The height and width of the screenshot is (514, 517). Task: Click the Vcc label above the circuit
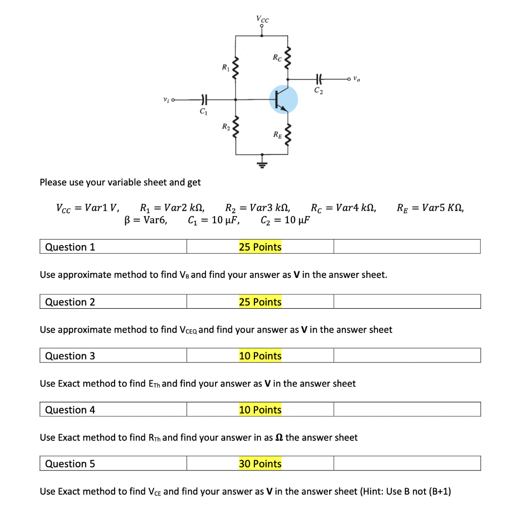coord(263,20)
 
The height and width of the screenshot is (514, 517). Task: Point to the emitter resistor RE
coord(288,135)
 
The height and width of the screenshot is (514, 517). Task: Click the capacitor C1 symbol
coord(202,100)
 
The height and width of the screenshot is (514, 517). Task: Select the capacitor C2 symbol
coord(319,79)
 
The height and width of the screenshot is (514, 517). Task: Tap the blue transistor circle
coord(283,100)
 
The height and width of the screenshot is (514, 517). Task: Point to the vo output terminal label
coord(357,79)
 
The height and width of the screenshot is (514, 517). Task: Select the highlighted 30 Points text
coord(260,463)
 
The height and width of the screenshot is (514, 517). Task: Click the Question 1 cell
coord(113,247)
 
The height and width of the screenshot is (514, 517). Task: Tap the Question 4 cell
coord(113,409)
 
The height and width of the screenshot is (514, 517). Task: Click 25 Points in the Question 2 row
coord(260,302)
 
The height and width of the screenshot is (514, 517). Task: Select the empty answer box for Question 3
coord(407,355)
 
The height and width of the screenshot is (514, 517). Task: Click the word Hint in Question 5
coord(374,491)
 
